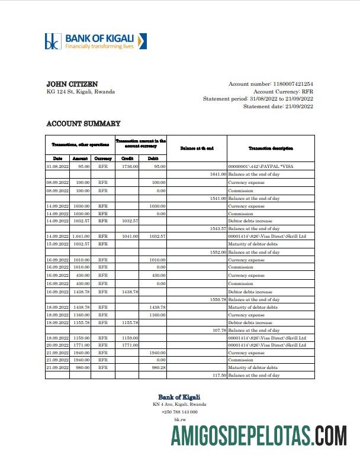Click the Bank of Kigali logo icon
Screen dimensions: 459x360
click(53, 41)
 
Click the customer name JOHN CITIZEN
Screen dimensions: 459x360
click(72, 85)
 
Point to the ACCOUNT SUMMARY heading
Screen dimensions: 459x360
click(83, 124)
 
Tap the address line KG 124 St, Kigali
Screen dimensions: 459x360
click(81, 92)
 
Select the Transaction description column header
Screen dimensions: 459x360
click(271, 148)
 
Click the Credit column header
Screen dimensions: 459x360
click(127, 159)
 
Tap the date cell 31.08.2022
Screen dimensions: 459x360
click(57, 167)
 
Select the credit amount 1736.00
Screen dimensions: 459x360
click(130, 167)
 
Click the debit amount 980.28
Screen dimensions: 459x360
click(157, 367)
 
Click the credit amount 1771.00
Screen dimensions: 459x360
click(130, 345)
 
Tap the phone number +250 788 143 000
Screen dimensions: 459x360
click(179, 412)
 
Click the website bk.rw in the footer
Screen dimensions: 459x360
click(179, 419)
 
